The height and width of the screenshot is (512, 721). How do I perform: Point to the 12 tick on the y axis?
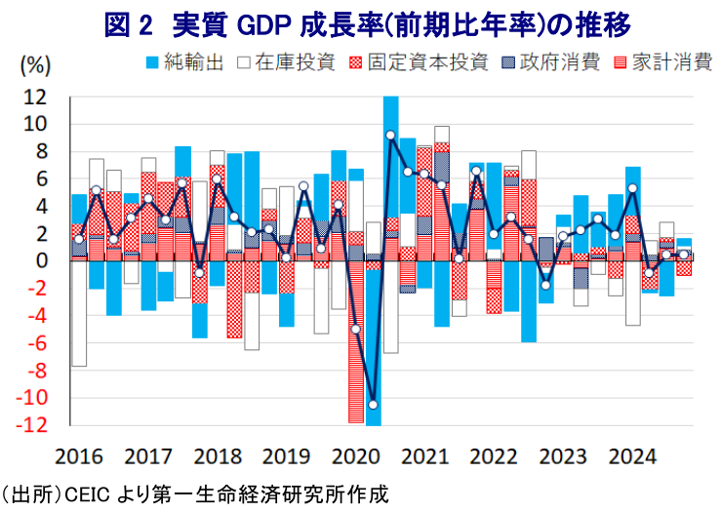point(36,97)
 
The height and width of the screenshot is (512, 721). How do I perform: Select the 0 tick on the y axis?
point(42,260)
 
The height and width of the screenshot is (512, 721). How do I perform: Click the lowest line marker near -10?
point(373,404)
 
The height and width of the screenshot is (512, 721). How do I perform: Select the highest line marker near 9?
point(390,136)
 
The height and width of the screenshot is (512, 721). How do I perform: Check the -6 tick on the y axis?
point(38,343)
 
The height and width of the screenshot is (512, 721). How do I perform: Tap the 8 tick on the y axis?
point(42,151)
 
